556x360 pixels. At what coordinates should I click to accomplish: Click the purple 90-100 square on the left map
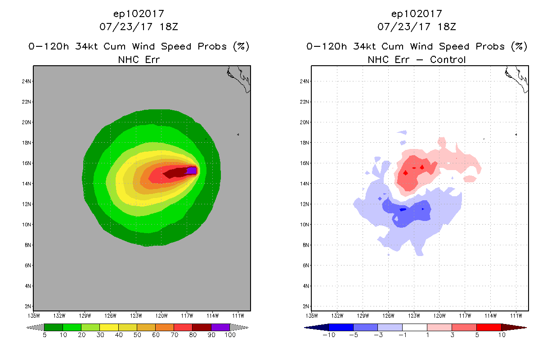pos(192,170)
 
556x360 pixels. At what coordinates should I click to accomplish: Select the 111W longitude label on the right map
pos(516,315)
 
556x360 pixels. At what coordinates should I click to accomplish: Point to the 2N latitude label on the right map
pos(305,306)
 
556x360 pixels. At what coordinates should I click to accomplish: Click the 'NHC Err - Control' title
pos(417,59)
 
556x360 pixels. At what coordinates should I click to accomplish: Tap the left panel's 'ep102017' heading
pos(139,13)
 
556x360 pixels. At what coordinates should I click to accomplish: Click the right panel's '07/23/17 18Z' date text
pos(417,27)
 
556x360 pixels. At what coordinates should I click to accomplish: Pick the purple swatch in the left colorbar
pos(220,327)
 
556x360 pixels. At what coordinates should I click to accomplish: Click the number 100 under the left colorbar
pos(230,335)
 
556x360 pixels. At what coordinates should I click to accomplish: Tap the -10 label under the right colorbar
pos(328,335)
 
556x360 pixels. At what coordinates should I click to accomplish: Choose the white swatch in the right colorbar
pos(414,327)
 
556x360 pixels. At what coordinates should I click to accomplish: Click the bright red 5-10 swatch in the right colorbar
pos(489,327)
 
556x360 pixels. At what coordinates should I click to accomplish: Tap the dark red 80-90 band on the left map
pos(175,172)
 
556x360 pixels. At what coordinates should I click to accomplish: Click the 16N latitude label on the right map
pos(305,163)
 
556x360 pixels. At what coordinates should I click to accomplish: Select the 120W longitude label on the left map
pos(161,315)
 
